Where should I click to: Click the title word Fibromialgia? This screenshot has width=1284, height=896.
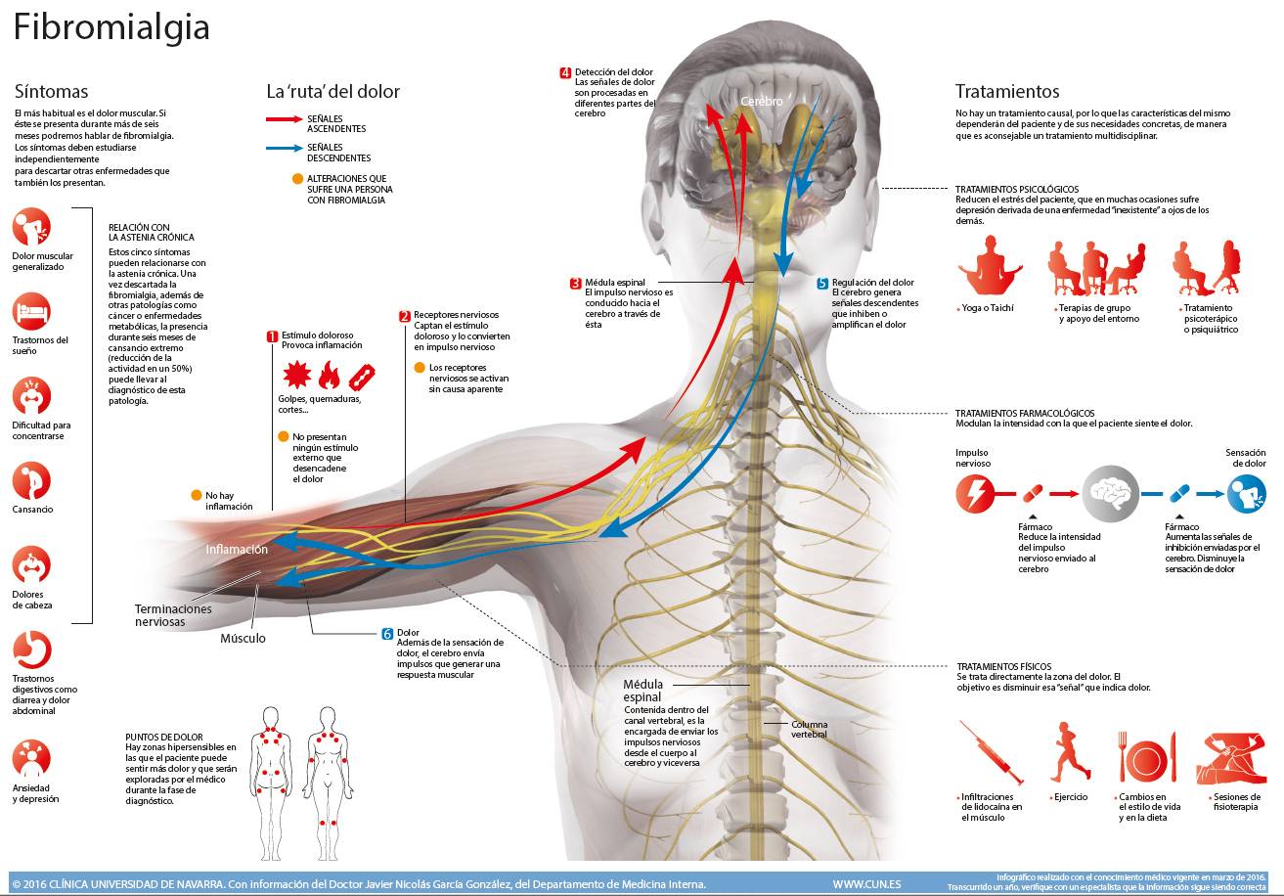click(x=111, y=28)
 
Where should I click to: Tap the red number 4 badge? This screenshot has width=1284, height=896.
click(x=565, y=72)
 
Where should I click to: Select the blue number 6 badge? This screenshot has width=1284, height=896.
click(x=387, y=634)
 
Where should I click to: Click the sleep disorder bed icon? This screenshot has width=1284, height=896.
click(x=31, y=312)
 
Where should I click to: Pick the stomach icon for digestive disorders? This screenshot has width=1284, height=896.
click(x=31, y=650)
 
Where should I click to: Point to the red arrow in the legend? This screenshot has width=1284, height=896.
click(x=285, y=119)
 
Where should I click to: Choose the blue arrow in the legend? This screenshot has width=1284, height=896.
click(x=285, y=148)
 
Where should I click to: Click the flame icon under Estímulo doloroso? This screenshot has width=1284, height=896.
click(x=329, y=375)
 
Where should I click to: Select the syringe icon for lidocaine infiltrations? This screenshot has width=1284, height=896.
click(x=991, y=752)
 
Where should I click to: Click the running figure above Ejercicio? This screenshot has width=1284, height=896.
click(x=1070, y=752)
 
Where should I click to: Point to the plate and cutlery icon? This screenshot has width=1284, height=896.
click(x=1147, y=757)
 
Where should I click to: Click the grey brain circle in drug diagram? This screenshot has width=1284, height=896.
click(x=1110, y=494)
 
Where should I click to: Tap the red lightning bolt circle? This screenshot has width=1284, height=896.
click(x=975, y=494)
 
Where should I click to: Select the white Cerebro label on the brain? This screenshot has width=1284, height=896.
click(x=761, y=102)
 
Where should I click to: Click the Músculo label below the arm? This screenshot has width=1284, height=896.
click(x=244, y=638)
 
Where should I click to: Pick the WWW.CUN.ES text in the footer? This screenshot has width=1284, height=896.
click(x=866, y=884)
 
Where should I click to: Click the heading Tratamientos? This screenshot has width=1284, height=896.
click(x=1007, y=91)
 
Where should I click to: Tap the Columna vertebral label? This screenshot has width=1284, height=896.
click(x=810, y=729)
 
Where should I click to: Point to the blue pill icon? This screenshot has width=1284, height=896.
click(x=1179, y=493)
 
